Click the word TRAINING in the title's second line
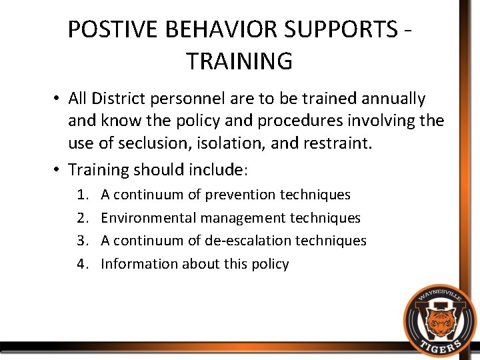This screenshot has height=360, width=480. [x=239, y=61]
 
